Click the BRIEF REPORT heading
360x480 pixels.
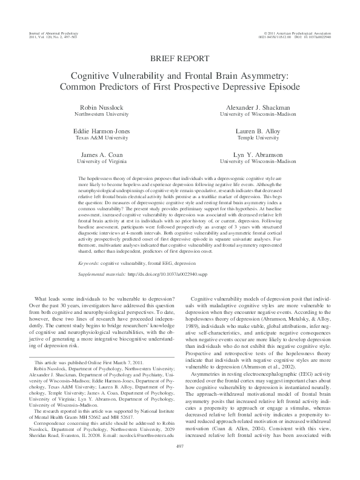click(180, 59)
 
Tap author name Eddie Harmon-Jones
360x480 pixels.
click(99, 131)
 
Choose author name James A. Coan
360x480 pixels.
click(99, 155)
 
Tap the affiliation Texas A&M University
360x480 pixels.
click(99, 138)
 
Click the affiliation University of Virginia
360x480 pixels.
click(99, 162)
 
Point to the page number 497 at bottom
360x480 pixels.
click(179, 463)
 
